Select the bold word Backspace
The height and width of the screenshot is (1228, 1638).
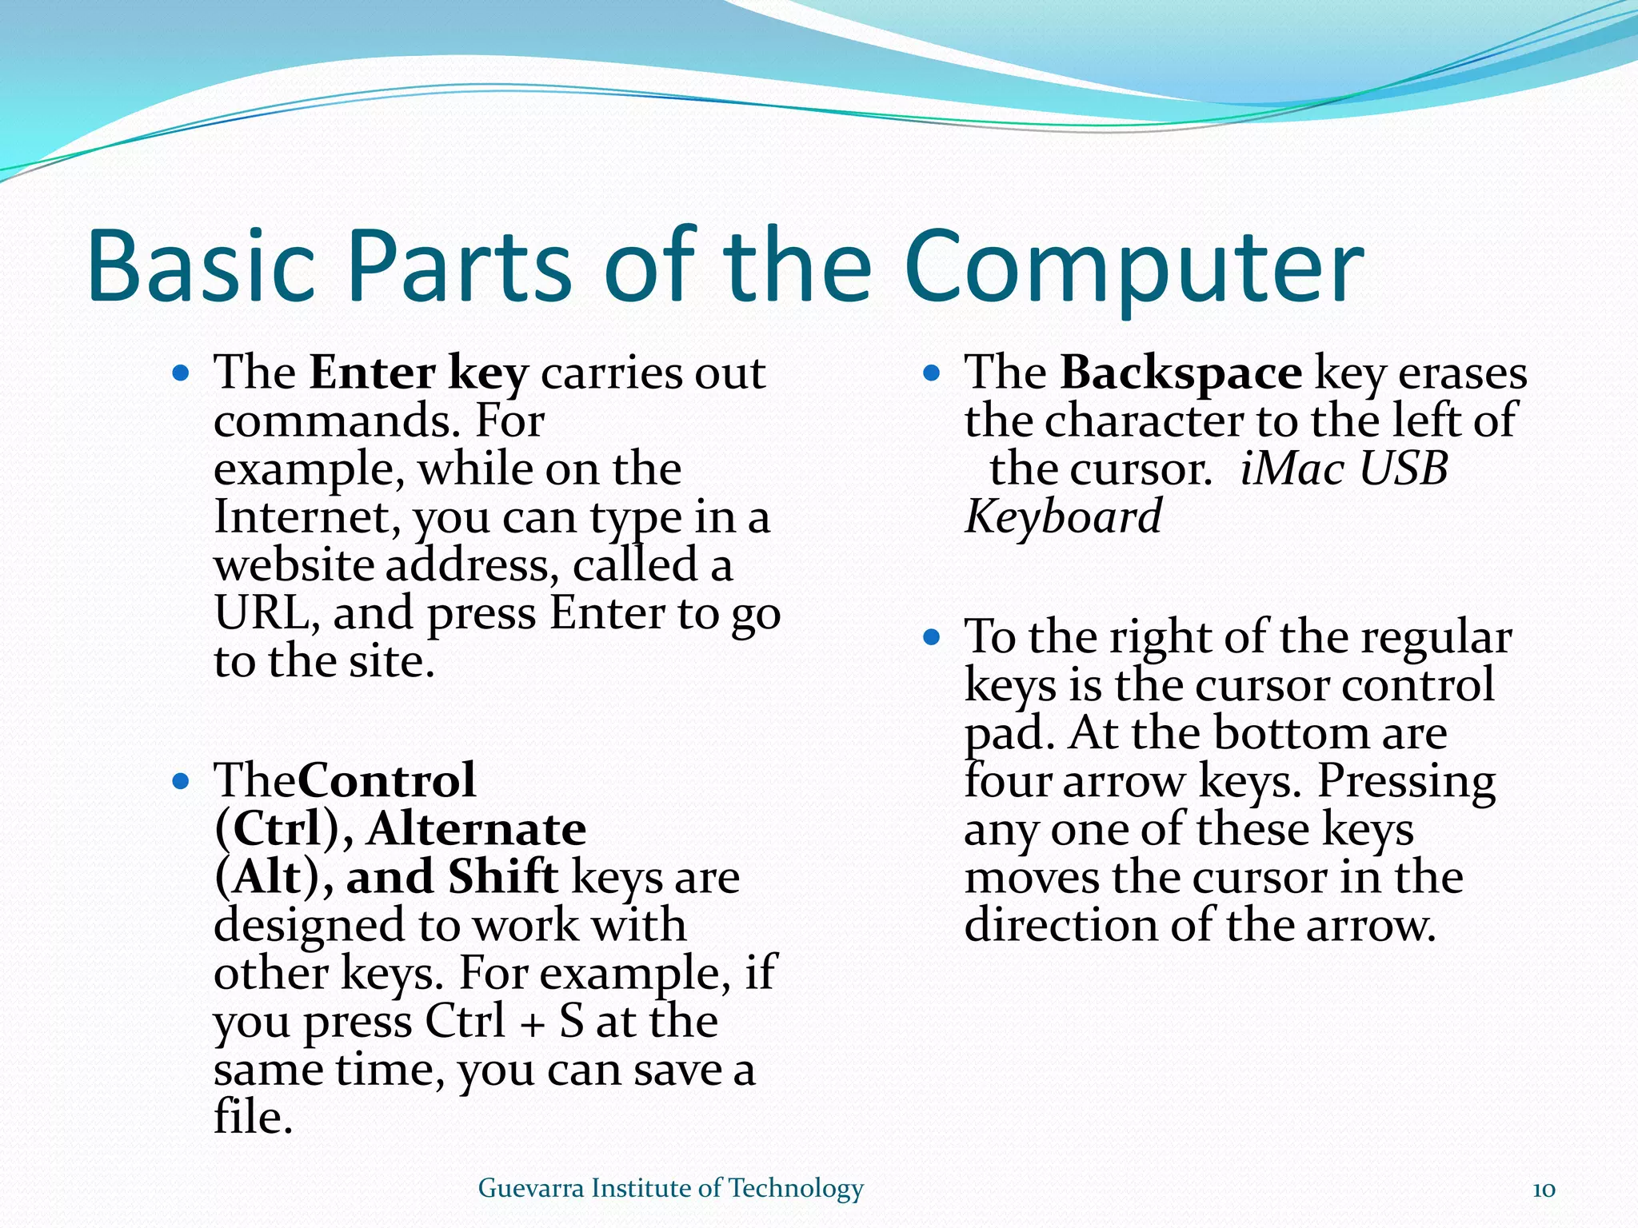click(1181, 373)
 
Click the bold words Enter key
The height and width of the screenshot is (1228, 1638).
click(419, 373)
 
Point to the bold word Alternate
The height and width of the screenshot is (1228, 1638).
click(477, 829)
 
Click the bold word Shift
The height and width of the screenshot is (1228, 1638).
click(502, 877)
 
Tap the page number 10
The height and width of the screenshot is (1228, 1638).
click(1544, 1190)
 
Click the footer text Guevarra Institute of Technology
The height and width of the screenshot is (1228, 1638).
click(670, 1188)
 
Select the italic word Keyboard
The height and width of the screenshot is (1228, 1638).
click(1063, 517)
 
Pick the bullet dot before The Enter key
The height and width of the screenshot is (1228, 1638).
click(181, 373)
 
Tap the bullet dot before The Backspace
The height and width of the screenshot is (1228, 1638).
click(931, 373)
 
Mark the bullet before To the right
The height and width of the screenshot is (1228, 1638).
click(931, 637)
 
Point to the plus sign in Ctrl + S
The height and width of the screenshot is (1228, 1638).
click(532, 1024)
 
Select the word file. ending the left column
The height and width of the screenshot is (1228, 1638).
click(253, 1118)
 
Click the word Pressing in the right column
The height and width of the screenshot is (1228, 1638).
click(1406, 781)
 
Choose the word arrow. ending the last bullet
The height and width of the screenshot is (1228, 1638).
click(1371, 927)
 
